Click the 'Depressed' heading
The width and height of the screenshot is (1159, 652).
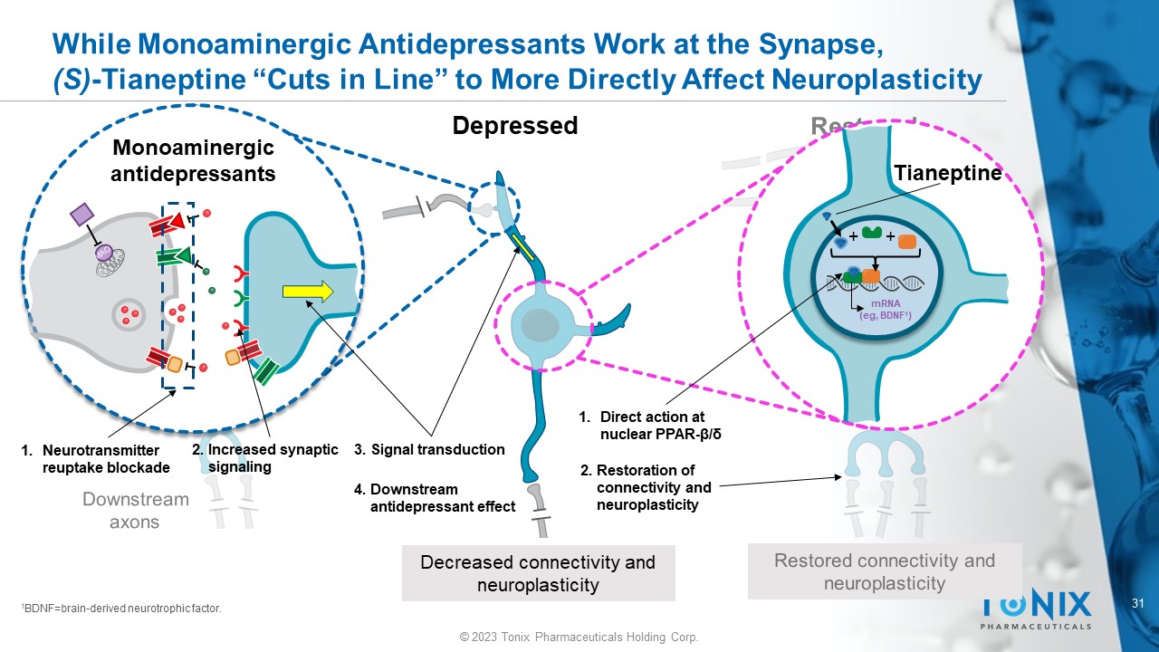(514, 125)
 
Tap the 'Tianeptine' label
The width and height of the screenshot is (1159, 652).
(948, 173)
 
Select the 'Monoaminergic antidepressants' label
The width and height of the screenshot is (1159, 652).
(192, 160)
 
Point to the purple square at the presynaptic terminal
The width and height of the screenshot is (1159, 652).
(81, 216)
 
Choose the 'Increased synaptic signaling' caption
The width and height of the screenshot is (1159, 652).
(264, 457)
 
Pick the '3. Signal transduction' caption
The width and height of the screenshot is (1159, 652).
(429, 449)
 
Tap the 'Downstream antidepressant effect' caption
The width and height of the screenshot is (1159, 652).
(435, 498)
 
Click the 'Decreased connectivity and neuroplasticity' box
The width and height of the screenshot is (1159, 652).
(538, 573)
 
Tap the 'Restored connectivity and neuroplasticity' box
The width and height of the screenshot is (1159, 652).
(884, 571)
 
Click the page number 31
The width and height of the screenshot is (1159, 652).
(1140, 603)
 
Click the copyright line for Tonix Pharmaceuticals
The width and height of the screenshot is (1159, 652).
(579, 638)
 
